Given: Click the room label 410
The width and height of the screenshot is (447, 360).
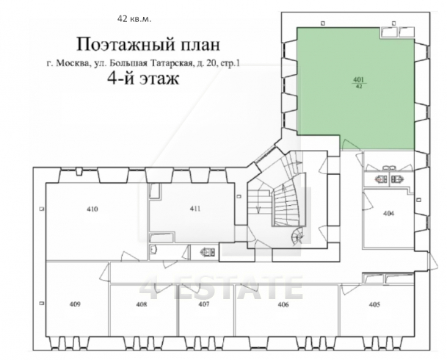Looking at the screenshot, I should point(92,209).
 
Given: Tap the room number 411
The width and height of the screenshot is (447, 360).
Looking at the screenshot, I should point(195,209).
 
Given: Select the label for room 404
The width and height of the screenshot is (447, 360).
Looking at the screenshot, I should point(388,214).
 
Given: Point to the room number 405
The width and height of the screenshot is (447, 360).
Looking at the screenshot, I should point(374,304).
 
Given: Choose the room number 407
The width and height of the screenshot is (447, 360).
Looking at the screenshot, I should point(204,304).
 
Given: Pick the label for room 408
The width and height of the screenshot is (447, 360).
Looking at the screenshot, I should point(142,304).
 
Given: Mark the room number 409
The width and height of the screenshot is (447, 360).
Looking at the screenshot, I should point(75,304).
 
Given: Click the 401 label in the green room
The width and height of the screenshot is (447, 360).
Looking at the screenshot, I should point(359,81).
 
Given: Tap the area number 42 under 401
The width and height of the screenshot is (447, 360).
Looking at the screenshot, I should point(359,87).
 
